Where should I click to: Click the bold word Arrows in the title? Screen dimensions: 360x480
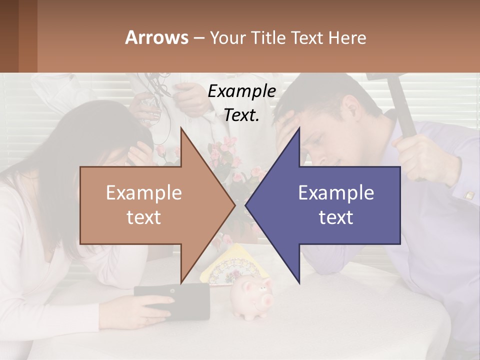(157, 37)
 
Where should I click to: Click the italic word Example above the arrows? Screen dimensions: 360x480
(241, 91)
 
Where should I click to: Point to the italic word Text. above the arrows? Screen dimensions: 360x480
(241, 115)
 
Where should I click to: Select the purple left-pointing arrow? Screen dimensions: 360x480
(340, 205)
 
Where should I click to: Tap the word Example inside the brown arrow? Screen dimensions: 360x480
(144, 193)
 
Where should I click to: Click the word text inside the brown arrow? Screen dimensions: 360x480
(144, 217)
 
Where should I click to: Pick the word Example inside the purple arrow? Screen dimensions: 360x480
(336, 193)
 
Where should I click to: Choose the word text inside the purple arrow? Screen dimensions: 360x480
(336, 217)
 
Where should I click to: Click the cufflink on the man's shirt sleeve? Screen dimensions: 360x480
(469, 195)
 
